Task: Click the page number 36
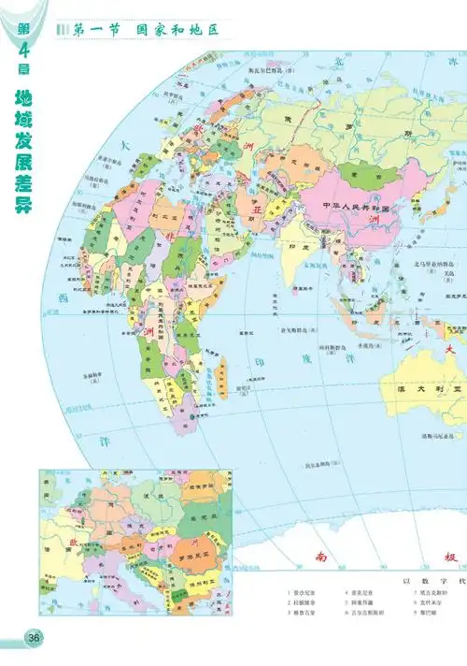pyautogui.click(x=35, y=637)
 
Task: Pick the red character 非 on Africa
pyautogui.click(x=148, y=332)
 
